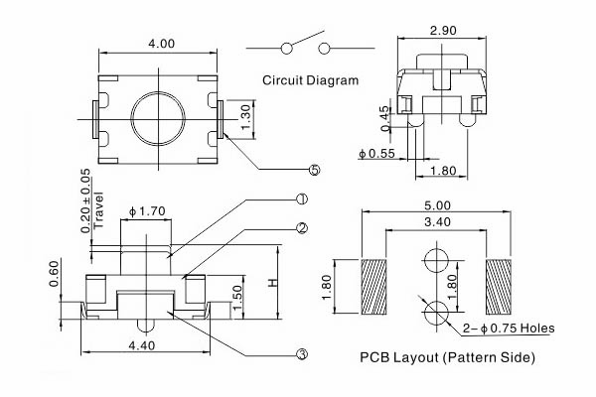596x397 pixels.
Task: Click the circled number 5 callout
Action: coord(315,170)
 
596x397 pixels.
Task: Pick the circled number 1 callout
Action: coord(302,198)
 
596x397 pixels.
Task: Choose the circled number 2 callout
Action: coord(302,227)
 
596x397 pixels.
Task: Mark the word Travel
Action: coord(97,213)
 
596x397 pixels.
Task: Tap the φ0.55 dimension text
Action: coord(378,153)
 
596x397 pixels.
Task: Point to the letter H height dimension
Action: coord(274,283)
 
